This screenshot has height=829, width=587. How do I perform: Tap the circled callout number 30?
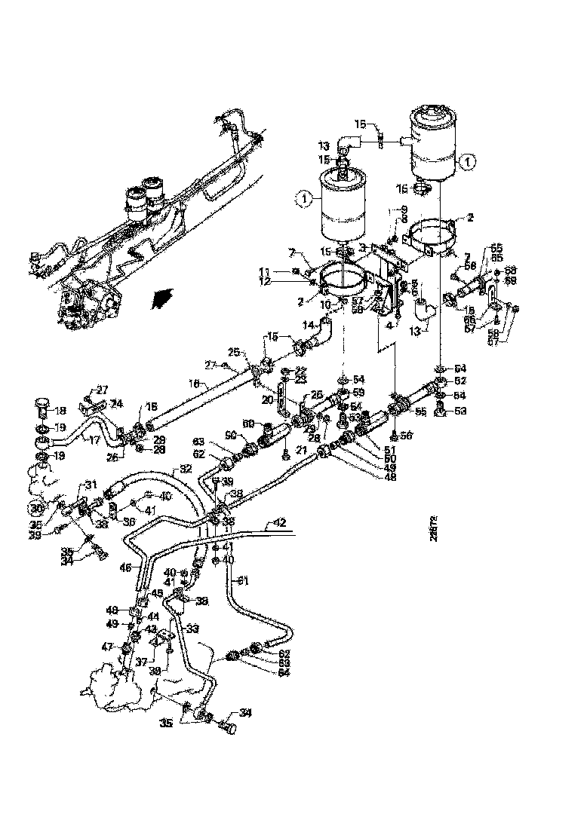pyautogui.click(x=36, y=507)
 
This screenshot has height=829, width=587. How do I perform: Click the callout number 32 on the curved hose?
pyautogui.click(x=184, y=469)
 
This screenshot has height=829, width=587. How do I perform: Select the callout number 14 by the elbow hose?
pyautogui.click(x=308, y=325)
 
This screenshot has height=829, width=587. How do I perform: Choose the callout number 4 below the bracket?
pyautogui.click(x=389, y=326)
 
